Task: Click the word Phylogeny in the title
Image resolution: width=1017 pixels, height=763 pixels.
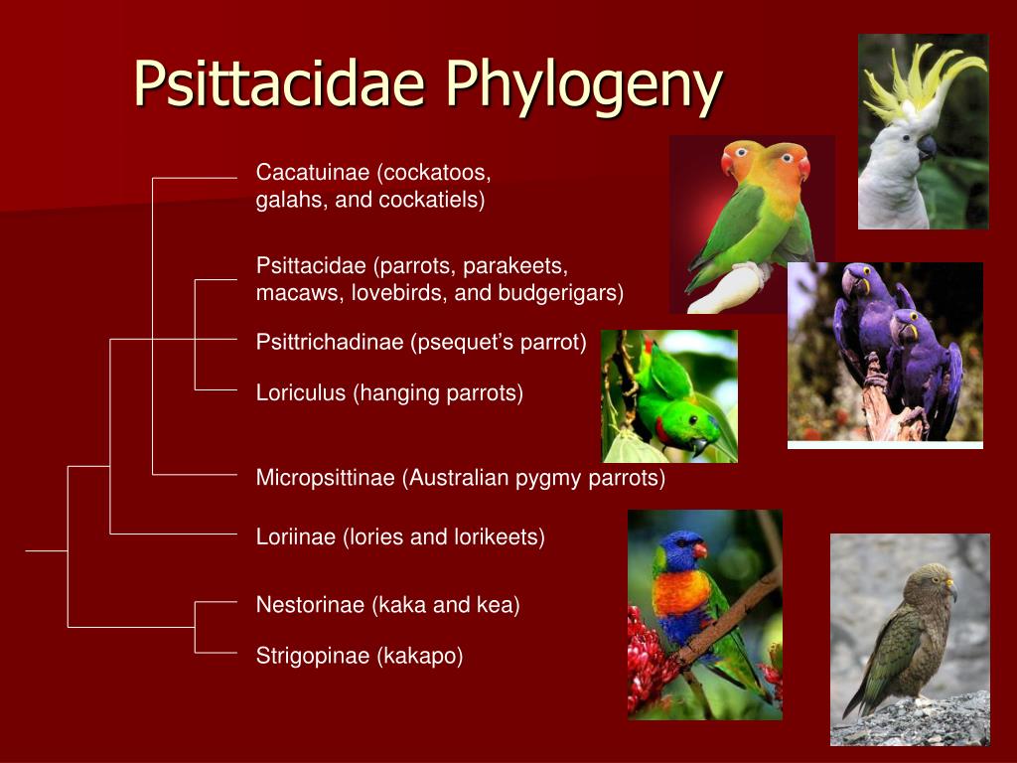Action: (584, 85)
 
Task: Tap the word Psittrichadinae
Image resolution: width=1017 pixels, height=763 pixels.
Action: (330, 342)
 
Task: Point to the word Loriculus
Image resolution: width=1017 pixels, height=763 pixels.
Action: (301, 392)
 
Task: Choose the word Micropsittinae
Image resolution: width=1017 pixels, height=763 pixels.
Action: (325, 478)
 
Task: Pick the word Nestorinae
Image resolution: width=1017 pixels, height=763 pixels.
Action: (310, 605)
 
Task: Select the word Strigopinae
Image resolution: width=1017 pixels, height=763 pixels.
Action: (313, 656)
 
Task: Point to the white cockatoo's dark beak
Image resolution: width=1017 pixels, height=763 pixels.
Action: (927, 147)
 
